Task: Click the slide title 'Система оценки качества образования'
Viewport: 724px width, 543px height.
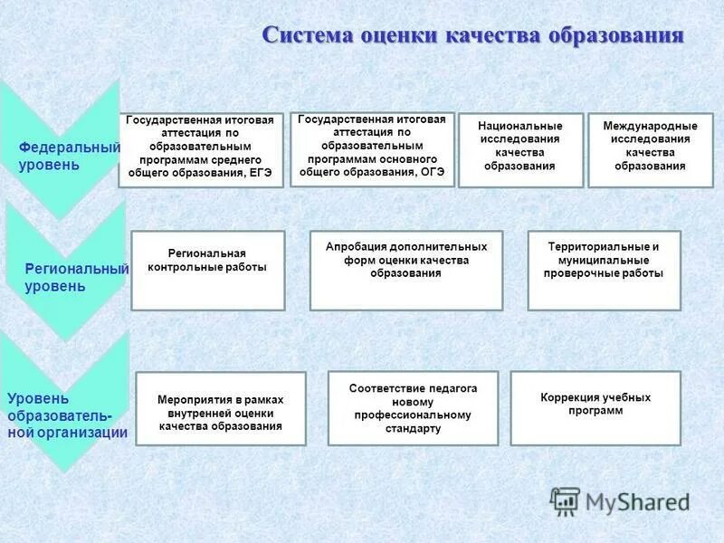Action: [x=472, y=35]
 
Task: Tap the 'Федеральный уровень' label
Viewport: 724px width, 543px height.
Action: [x=69, y=156]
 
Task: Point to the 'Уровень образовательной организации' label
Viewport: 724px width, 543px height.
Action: [x=67, y=415]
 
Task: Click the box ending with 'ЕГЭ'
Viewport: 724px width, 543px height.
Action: [x=201, y=150]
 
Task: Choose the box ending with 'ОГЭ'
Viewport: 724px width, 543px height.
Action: [x=372, y=149]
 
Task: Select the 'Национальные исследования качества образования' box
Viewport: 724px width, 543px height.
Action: [x=520, y=150]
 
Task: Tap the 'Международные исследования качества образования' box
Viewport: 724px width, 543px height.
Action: [x=650, y=150]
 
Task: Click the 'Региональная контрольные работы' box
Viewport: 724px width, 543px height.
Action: [x=207, y=270]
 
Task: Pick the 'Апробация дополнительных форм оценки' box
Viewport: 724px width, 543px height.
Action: [x=405, y=270]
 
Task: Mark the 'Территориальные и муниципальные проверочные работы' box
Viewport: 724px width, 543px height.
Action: [x=604, y=270]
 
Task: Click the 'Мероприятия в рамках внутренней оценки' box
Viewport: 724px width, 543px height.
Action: [x=220, y=408]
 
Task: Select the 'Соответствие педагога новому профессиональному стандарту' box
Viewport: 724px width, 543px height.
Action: [x=413, y=408]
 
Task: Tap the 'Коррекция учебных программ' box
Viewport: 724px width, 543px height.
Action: [x=595, y=408]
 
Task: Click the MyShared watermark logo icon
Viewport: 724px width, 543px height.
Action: [x=566, y=500]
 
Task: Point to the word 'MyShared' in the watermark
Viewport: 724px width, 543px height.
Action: [x=637, y=501]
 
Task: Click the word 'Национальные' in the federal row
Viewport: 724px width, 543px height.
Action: [x=520, y=126]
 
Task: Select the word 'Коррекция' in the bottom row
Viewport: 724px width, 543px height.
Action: [x=570, y=397]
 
